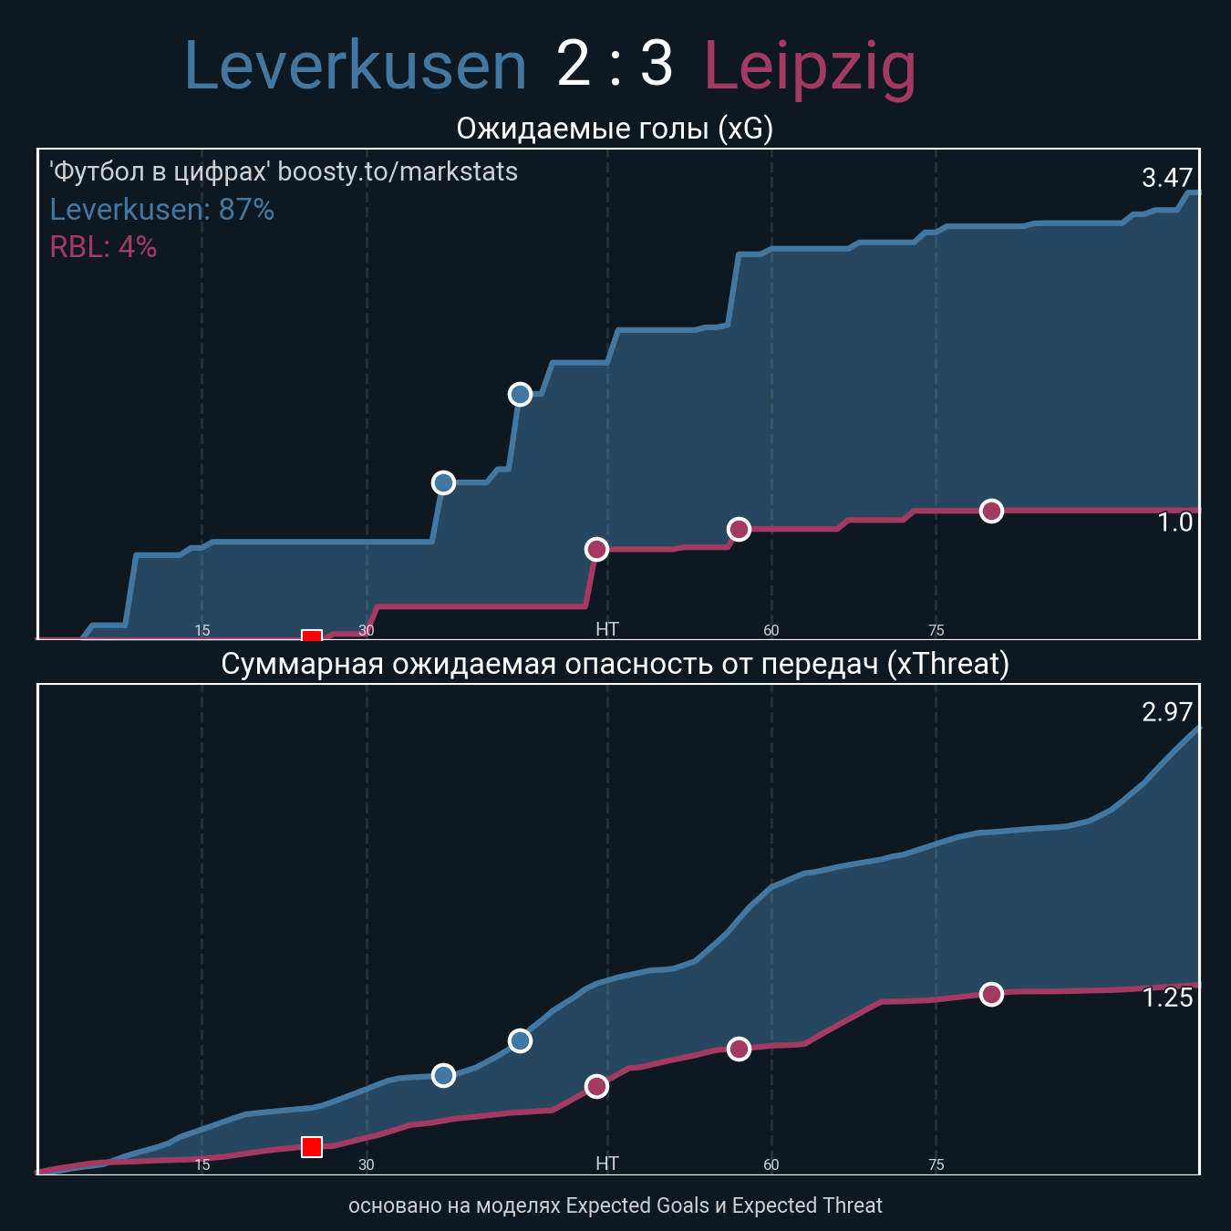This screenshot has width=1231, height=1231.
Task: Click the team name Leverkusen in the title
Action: [x=356, y=67]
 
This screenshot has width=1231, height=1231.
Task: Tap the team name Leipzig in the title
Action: [x=810, y=67]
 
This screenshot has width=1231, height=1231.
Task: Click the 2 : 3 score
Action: [x=615, y=65]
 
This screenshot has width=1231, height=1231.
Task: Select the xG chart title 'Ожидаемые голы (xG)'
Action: [x=615, y=129]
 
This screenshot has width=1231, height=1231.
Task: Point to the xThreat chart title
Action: [x=615, y=663]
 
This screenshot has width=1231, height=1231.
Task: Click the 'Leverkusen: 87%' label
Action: [x=161, y=210]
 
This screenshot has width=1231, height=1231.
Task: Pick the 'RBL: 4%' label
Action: [x=103, y=247]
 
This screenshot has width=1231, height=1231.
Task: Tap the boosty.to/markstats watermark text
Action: [x=284, y=171]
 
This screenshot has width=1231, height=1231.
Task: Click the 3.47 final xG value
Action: [x=1167, y=178]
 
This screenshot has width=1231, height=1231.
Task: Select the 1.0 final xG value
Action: [x=1174, y=522]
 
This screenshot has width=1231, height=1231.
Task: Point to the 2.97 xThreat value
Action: [x=1167, y=712]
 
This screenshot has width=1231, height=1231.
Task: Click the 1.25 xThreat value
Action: [x=1167, y=998]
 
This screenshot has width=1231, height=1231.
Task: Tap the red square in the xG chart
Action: [x=312, y=636]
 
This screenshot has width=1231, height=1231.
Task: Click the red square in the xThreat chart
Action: [x=312, y=1146]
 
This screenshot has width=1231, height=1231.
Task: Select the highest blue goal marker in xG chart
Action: [x=520, y=394]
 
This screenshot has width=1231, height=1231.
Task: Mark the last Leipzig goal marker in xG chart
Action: [x=991, y=511]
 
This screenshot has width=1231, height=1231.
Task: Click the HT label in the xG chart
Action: [x=606, y=629]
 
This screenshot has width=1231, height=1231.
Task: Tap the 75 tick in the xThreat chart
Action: [x=936, y=1164]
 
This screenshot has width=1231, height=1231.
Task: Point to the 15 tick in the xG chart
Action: [x=202, y=630]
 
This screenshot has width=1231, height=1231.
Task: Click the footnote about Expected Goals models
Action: [x=615, y=1205]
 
